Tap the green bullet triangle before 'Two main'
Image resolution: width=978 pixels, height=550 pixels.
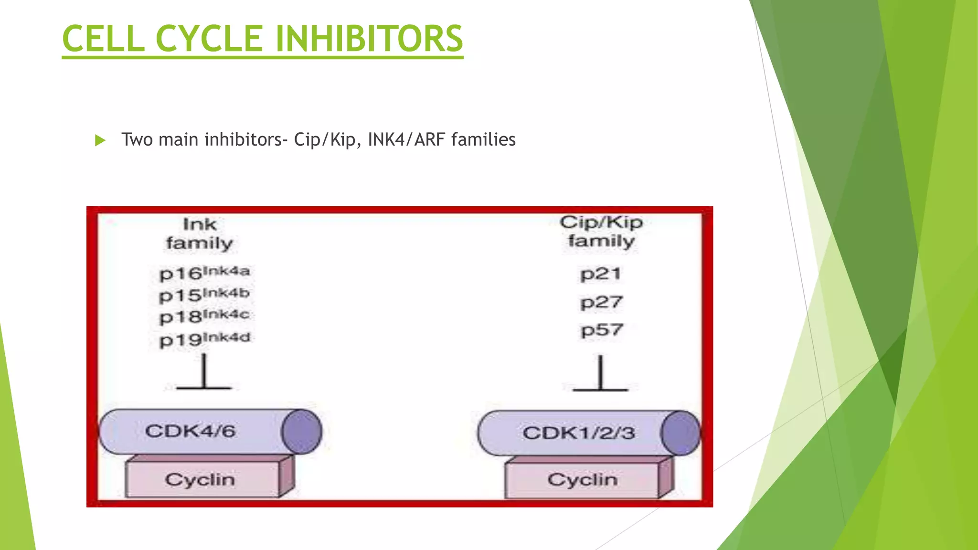100,140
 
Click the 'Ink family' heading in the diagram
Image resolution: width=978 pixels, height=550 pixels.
199,234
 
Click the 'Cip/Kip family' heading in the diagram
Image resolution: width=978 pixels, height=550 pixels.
601,232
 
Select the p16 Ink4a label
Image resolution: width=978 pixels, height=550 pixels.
204,273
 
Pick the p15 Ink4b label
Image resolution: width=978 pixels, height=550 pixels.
204,295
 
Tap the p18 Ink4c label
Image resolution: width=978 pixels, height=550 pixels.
204,316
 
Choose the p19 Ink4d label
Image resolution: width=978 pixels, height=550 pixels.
204,339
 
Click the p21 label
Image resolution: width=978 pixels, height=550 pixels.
601,274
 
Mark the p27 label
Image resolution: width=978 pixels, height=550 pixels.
601,302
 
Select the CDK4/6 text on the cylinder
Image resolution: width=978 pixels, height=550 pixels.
191,431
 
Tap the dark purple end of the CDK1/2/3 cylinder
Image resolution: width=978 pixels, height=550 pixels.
680,433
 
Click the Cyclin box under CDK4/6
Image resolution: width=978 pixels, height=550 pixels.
201,479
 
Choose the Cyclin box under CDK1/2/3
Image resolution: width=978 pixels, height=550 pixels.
582,479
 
